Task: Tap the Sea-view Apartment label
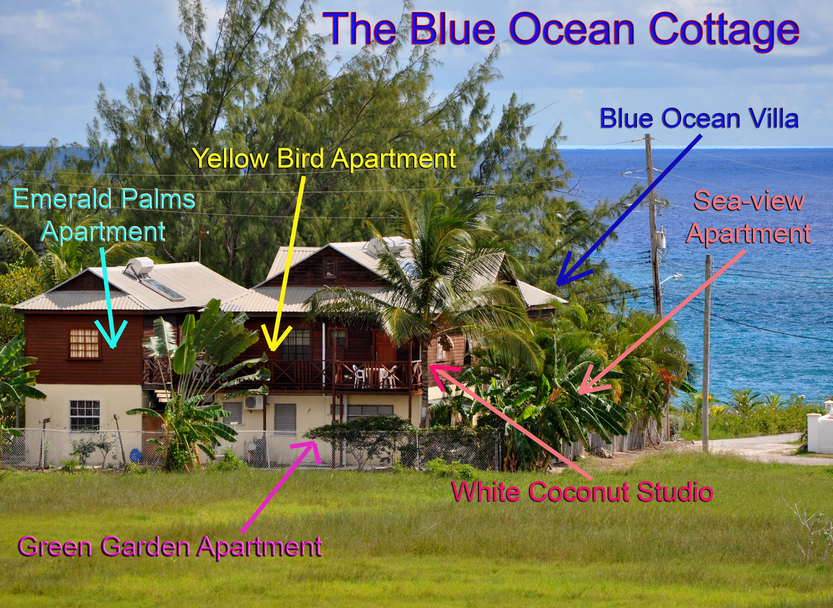(x=749, y=217)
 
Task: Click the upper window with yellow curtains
(x=84, y=343)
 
